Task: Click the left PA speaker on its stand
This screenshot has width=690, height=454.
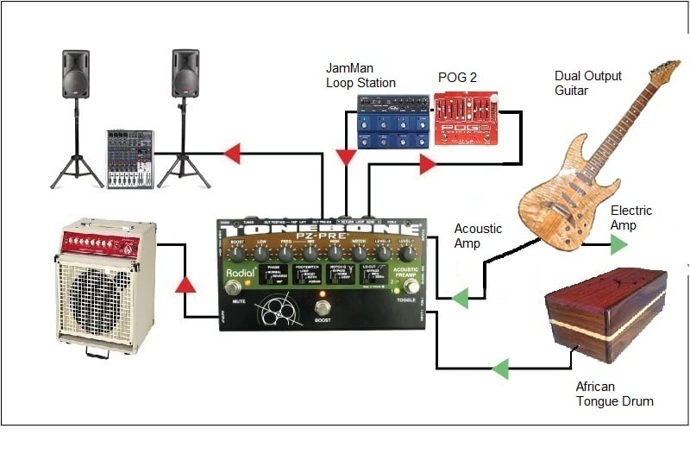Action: (76, 73)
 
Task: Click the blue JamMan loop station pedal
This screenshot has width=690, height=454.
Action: (393, 122)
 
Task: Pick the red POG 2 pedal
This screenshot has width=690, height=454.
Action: (459, 121)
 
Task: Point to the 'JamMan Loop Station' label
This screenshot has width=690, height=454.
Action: (361, 75)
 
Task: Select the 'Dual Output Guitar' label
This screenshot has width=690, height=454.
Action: (588, 84)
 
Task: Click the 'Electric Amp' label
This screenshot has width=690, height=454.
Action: (630, 218)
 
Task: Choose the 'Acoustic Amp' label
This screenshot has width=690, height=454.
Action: (478, 236)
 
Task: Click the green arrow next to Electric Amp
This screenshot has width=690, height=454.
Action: (618, 245)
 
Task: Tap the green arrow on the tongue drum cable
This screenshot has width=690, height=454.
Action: (500, 369)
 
